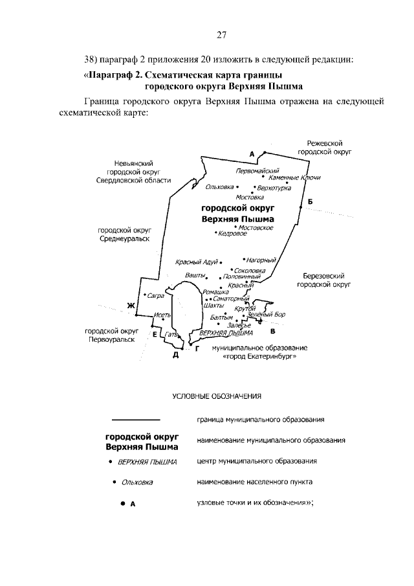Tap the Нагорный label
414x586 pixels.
[261, 260]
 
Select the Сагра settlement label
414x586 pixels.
[155, 295]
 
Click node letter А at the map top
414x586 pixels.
[252, 153]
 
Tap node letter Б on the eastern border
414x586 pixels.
[310, 202]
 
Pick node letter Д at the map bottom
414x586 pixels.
[175, 355]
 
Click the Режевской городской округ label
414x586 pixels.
[324, 146]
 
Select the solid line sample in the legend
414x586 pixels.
[136, 420]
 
